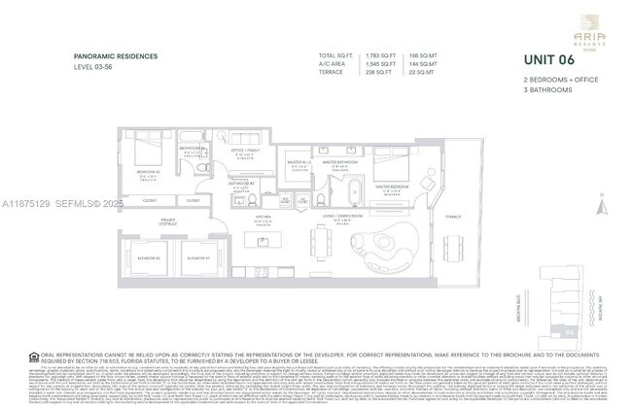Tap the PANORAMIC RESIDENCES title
(x=116, y=56)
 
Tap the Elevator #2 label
(x=151, y=258)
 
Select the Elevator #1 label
(x=199, y=258)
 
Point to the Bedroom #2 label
(x=149, y=173)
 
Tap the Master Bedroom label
(x=393, y=186)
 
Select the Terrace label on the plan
(x=453, y=218)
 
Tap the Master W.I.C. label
(x=298, y=163)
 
